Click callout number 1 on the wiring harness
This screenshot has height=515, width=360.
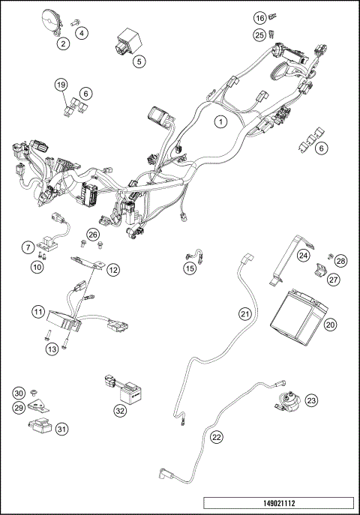click(x=220, y=120)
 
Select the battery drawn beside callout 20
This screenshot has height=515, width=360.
click(x=298, y=309)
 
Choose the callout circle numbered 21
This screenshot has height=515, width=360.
click(x=244, y=314)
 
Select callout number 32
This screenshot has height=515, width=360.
click(x=120, y=410)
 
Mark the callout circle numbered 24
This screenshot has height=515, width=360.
click(x=303, y=256)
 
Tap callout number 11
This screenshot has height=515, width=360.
click(x=38, y=311)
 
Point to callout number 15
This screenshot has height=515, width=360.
click(x=190, y=267)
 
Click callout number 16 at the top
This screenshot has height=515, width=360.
click(x=259, y=17)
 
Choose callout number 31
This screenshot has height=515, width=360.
click(x=61, y=429)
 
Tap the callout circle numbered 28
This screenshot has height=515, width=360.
click(x=341, y=261)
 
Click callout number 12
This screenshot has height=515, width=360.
click(x=113, y=269)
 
